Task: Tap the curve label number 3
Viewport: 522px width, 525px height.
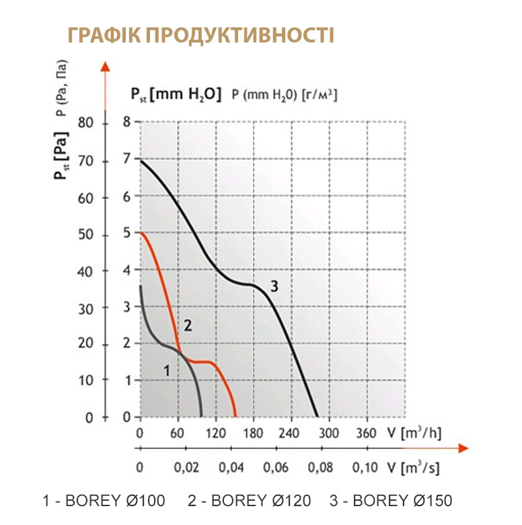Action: point(274,287)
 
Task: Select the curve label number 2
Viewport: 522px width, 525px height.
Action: point(188,326)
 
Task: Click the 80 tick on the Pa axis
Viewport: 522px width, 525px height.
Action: point(86,123)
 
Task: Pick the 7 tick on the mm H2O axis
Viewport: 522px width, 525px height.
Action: point(127,160)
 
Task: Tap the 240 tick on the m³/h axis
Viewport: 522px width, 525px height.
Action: point(292,433)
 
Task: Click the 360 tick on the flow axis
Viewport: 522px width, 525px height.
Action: point(367,433)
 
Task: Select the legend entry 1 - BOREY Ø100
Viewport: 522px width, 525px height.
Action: point(103,501)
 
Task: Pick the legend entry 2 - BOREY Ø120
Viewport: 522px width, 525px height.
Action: point(250,501)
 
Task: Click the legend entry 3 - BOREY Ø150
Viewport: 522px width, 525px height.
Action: point(391,501)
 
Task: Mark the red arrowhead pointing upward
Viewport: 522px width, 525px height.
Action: point(104,66)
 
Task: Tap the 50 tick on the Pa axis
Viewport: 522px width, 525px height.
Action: point(86,234)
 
